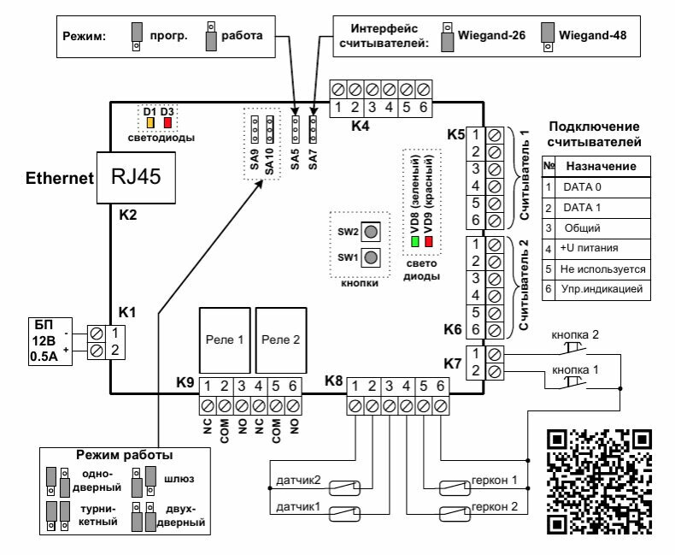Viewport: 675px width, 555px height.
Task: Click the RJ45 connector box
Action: (x=136, y=178)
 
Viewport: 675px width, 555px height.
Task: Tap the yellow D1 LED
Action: (x=150, y=123)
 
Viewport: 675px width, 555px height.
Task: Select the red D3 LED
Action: (x=167, y=123)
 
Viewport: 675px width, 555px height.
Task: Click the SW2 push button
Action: (x=371, y=232)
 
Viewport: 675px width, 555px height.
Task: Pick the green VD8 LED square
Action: (x=415, y=241)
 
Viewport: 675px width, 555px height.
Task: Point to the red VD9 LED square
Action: (x=428, y=241)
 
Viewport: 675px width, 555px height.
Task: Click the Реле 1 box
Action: (x=225, y=340)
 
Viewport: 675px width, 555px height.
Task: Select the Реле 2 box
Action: (x=281, y=340)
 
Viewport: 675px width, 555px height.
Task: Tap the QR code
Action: (x=599, y=482)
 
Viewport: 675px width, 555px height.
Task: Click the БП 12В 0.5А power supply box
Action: (x=50, y=341)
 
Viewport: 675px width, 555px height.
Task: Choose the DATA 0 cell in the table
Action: (x=602, y=187)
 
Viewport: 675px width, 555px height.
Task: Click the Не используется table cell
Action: (x=602, y=269)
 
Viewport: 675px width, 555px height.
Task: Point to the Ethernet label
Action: (x=60, y=178)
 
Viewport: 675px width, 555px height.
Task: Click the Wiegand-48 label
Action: (x=592, y=35)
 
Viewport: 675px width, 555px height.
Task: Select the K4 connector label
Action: (x=361, y=126)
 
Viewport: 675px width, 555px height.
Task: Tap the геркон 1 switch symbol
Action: (x=455, y=487)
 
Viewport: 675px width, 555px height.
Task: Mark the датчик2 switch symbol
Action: (x=344, y=487)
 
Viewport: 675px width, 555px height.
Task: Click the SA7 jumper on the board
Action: (x=313, y=129)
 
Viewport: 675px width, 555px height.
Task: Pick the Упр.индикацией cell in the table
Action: (x=602, y=289)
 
